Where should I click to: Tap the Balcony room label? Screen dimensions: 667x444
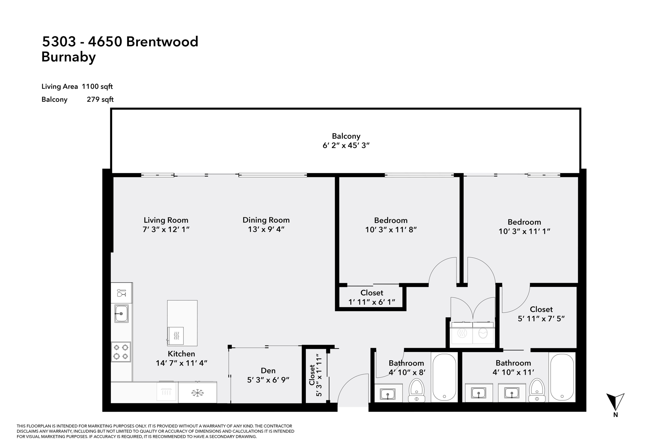coord(346,136)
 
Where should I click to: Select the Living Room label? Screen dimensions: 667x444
coord(166,220)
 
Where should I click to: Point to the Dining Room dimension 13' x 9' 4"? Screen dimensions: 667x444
coord(266,229)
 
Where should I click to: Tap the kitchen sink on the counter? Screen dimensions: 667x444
coord(121,313)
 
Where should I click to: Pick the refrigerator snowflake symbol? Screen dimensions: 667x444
coord(197,393)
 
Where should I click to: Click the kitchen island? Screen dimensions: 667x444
coord(182,323)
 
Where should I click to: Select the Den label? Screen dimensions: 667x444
coord(268,371)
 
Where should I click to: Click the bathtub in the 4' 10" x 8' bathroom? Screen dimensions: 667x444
coord(444,377)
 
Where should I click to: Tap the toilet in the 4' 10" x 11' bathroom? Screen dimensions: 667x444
coord(537,390)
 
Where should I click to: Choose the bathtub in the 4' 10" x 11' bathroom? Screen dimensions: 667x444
coord(562,377)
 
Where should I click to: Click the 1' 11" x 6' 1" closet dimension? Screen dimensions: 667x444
coord(372,302)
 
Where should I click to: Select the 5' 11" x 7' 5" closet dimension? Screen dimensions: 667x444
coord(541,319)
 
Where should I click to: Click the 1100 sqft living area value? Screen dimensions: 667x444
coord(97,86)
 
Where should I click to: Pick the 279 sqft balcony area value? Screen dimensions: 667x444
coord(100,99)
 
